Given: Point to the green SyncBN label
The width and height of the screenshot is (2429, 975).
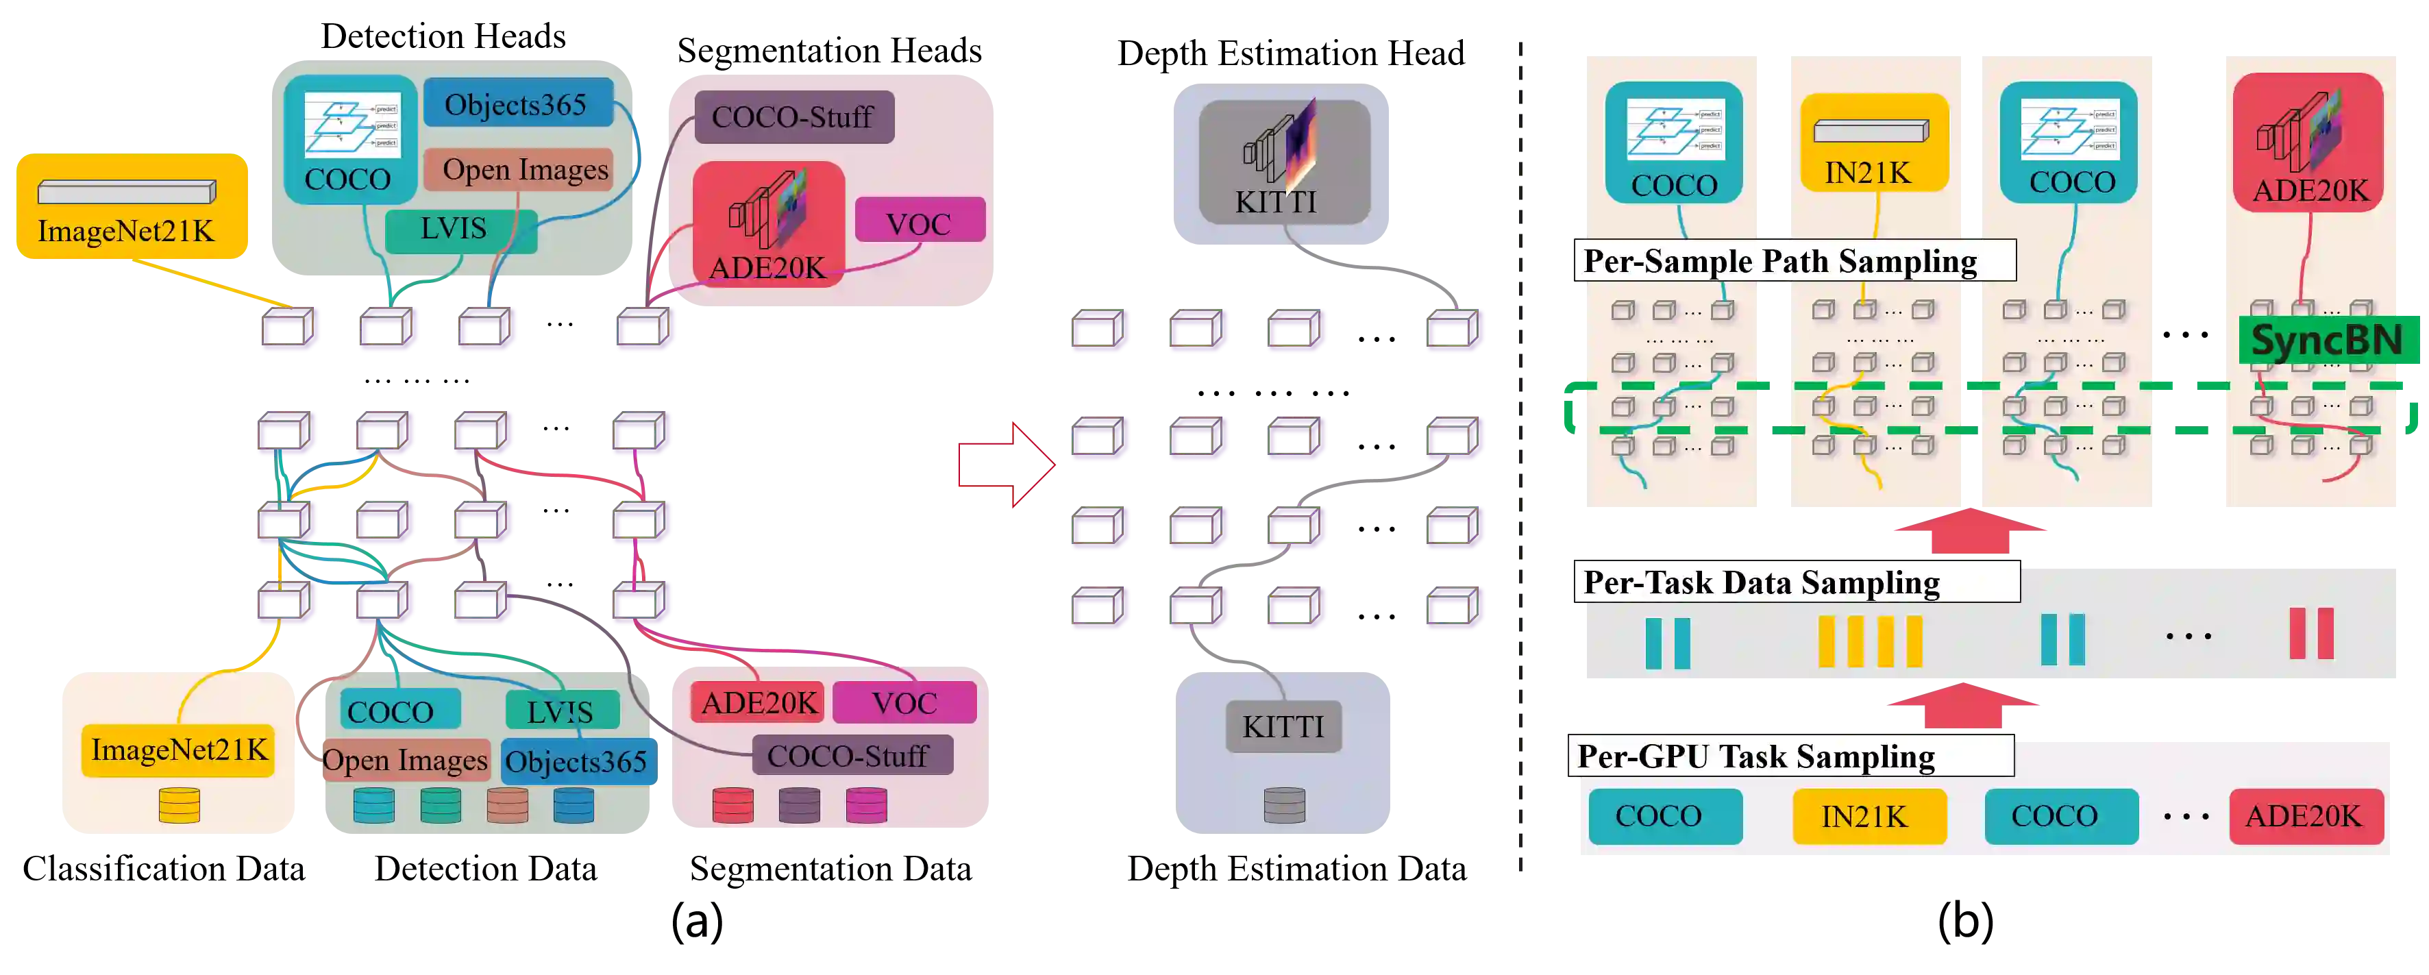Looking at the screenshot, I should [2327, 341].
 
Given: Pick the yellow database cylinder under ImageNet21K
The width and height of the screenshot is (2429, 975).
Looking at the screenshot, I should [179, 806].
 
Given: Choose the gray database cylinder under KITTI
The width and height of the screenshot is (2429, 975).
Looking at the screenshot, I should [1284, 805].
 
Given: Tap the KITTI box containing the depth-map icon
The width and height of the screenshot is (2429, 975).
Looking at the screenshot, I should [1283, 162].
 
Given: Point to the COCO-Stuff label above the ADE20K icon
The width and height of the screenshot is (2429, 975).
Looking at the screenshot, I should [793, 117].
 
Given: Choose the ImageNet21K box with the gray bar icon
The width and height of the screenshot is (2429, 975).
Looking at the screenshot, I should [132, 208].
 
